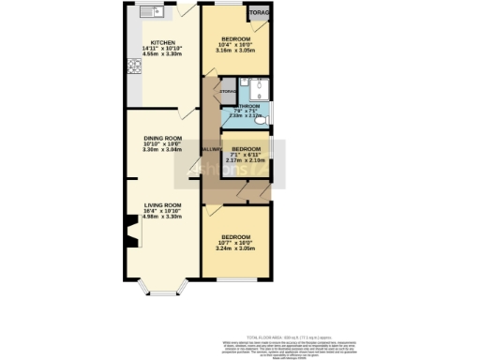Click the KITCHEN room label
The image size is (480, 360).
(x=163, y=42)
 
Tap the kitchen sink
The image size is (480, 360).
(x=150, y=12)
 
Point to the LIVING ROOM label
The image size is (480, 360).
(x=162, y=204)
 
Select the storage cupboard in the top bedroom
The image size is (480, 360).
(x=259, y=13)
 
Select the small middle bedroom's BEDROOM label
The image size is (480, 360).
(x=246, y=149)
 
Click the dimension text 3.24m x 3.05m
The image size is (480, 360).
(x=235, y=248)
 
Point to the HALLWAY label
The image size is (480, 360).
(x=210, y=149)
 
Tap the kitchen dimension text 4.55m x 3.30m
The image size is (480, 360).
(x=163, y=54)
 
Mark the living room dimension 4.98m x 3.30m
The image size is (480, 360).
(x=162, y=217)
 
